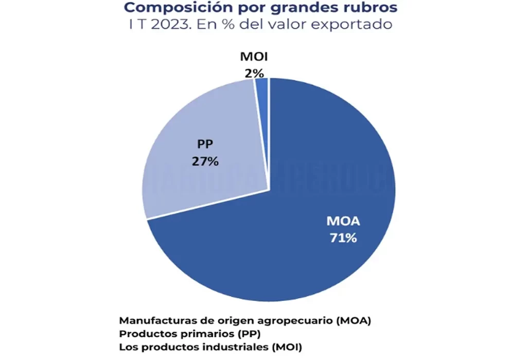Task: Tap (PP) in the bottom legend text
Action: pos(222,333)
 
